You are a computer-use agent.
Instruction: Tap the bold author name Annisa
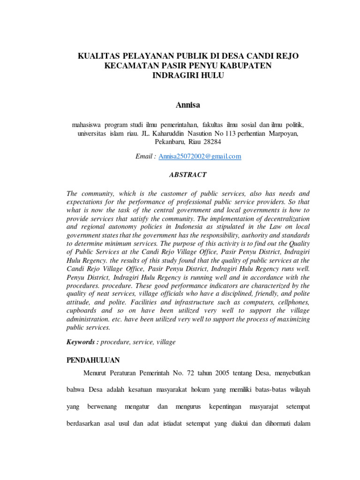188,105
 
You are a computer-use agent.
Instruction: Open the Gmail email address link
200,157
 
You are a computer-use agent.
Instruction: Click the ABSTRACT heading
187,174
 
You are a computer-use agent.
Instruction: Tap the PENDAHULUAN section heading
93,360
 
